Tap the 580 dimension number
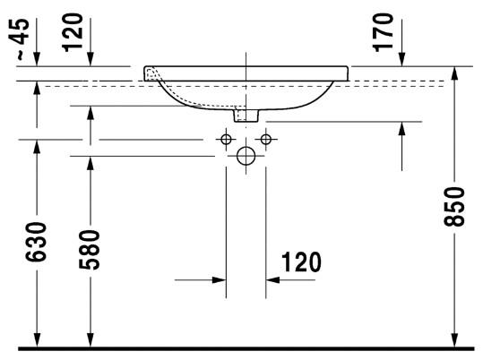(x=91, y=255)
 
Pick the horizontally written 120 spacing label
(x=300, y=263)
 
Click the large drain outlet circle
(x=246, y=157)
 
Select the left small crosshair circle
(x=226, y=139)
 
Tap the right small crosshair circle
(x=264, y=139)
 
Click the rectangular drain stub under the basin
(x=245, y=115)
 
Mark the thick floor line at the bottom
(x=242, y=347)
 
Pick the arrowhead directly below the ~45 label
(x=36, y=59)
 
